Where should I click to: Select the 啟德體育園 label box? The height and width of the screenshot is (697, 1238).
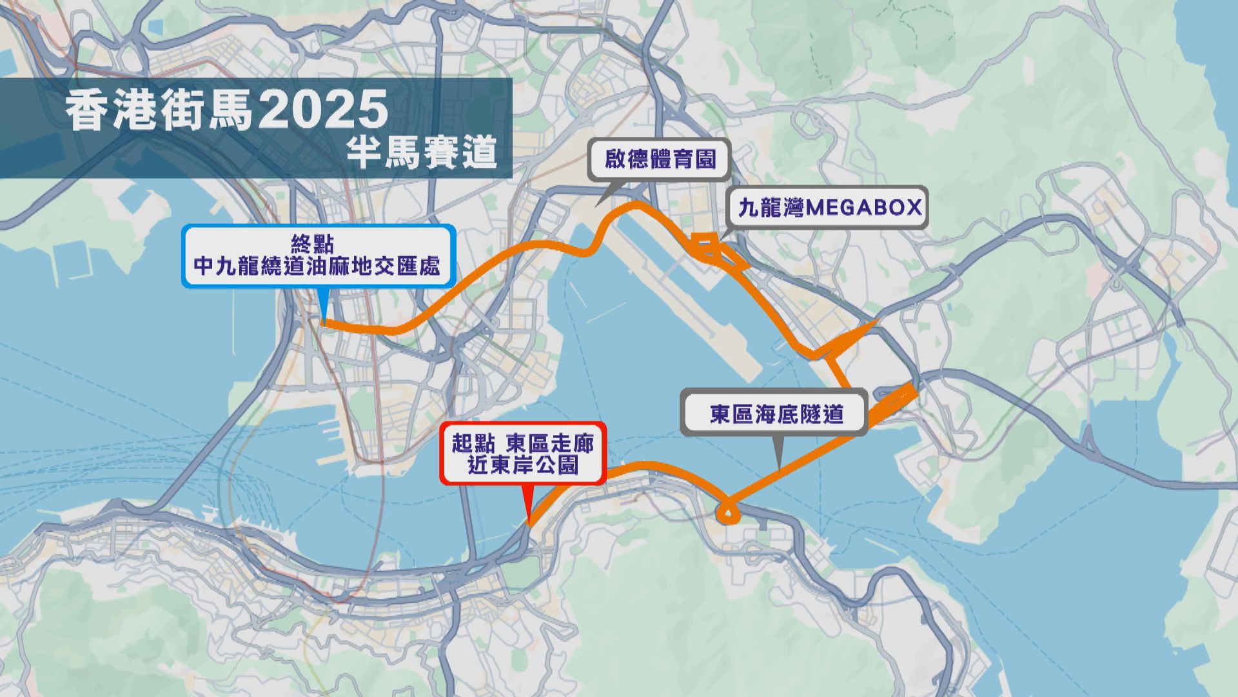pyautogui.click(x=660, y=159)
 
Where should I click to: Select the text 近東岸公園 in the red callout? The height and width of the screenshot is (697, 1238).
pyautogui.click(x=523, y=465)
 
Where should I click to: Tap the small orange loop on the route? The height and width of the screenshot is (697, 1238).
pyautogui.click(x=727, y=514)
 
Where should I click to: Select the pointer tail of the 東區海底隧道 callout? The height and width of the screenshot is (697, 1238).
pyautogui.click(x=780, y=463)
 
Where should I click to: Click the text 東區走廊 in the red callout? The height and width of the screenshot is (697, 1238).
pyautogui.click(x=550, y=444)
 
